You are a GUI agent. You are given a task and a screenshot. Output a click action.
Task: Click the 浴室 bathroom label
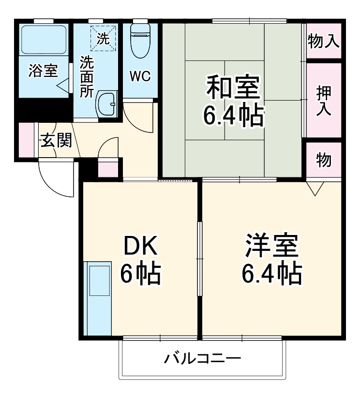click(x=43, y=71)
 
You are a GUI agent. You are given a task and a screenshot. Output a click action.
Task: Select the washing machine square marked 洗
click(x=103, y=38)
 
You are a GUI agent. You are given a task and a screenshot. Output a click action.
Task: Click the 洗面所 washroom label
click(x=87, y=77)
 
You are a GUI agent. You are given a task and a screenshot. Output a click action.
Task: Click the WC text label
click(x=140, y=76)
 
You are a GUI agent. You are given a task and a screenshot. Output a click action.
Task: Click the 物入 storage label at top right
click(x=323, y=42)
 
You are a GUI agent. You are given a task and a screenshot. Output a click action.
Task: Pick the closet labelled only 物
click(x=323, y=160)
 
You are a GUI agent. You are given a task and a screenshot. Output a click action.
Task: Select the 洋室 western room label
click(x=271, y=246)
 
